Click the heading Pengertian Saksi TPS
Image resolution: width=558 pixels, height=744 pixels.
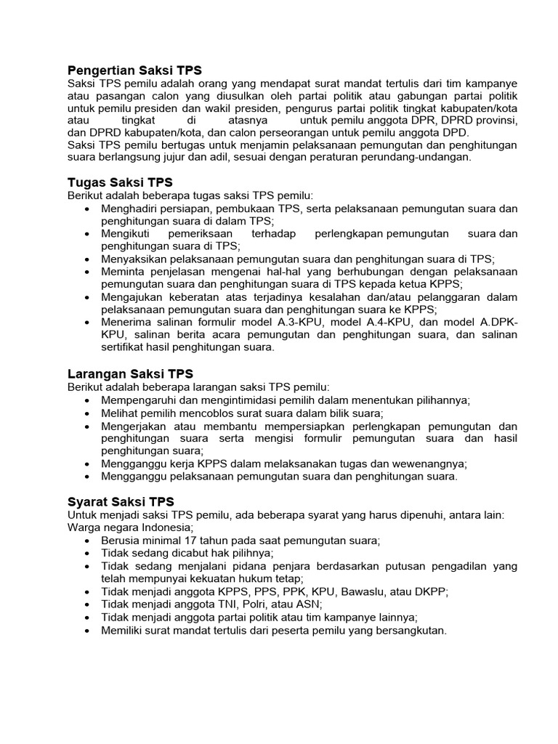tap(134, 70)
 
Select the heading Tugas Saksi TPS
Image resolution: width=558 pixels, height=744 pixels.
tap(120, 182)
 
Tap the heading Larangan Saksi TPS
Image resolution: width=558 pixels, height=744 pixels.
tap(130, 373)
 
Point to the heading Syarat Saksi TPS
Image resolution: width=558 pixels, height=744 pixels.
tap(121, 502)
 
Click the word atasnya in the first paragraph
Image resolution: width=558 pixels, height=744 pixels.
tap(246, 120)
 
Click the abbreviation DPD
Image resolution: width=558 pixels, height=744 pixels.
tap(457, 132)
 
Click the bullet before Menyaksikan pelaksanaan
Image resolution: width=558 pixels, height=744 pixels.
tap(87, 259)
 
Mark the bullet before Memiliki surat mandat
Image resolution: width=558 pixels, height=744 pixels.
tap(87, 630)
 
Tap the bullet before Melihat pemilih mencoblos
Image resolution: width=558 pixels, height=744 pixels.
tap(87, 413)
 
